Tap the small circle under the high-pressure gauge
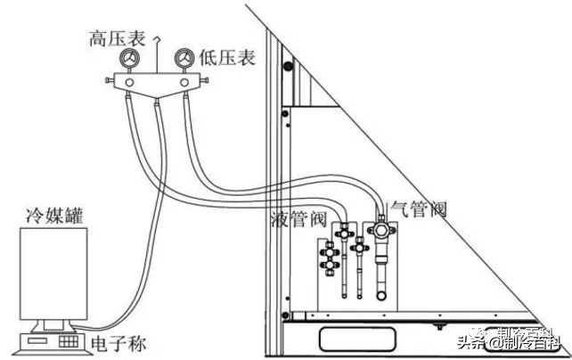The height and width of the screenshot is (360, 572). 130,83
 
